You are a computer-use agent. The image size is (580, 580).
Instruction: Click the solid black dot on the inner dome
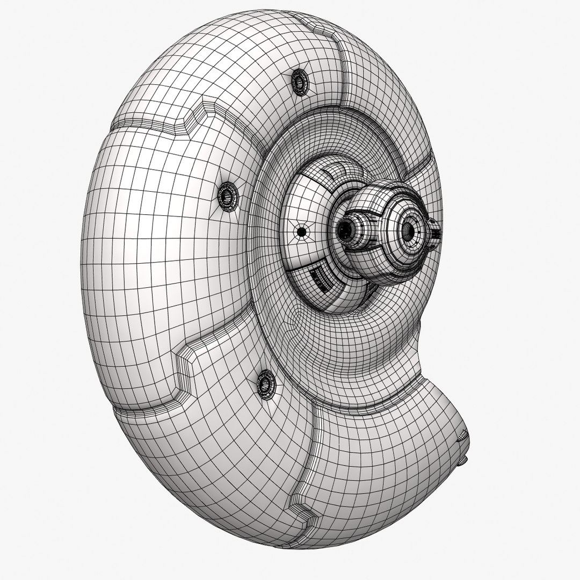[302, 231]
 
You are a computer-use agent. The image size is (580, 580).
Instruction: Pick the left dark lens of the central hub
[345, 230]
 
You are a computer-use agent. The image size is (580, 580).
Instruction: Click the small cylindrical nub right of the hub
[436, 234]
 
